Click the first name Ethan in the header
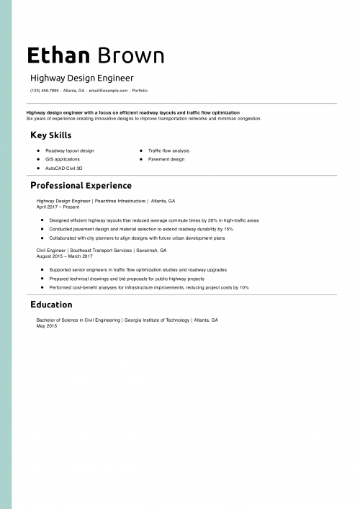coord(58,55)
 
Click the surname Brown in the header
coord(130,55)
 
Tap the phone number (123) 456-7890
coord(45,91)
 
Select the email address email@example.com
coord(108,91)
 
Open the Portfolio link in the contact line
coord(140,91)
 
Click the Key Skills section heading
coord(50,135)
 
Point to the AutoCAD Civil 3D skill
coord(68,168)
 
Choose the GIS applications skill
coord(63,159)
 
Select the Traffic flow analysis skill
coord(168,150)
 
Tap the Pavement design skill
coord(166,159)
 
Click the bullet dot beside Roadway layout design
coord(37,150)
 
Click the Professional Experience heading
coord(81,185)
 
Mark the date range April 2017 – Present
coord(58,207)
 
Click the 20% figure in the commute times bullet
coord(211,220)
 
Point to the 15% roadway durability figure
coord(228,229)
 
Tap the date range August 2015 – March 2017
coord(64,256)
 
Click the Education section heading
coord(51,305)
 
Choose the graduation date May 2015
coord(46,325)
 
